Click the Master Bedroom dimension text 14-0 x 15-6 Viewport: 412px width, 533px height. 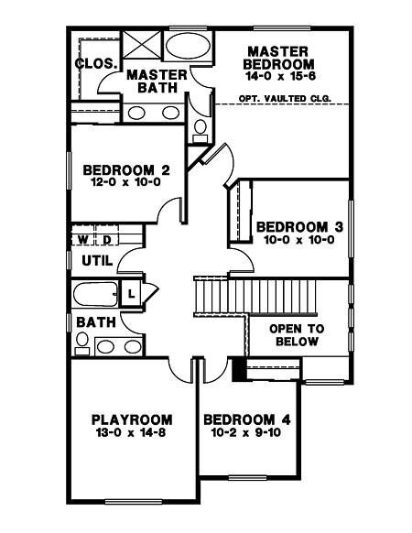point(280,76)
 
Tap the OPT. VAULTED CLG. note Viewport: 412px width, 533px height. point(285,99)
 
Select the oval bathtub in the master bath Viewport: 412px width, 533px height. point(188,46)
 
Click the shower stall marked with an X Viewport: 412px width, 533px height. point(141,44)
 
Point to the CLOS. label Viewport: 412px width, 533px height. point(96,63)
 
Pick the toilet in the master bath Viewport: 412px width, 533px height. point(201,131)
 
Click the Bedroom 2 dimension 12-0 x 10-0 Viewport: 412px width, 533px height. point(125,182)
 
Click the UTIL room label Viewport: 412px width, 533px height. point(97,261)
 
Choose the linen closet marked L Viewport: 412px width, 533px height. point(131,293)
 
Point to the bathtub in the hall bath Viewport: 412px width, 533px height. point(95,294)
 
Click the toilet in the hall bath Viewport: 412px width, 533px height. point(81,343)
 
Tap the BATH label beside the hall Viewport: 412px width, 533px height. point(96,322)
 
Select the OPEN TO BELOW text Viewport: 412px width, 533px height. point(297,335)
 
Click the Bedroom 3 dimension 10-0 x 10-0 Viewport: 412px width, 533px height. point(298,240)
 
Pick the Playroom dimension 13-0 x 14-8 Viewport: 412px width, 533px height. point(132,433)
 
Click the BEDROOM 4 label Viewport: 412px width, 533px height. point(247,419)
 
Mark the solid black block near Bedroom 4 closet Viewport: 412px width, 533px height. point(239,369)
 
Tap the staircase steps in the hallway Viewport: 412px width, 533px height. point(255,297)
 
